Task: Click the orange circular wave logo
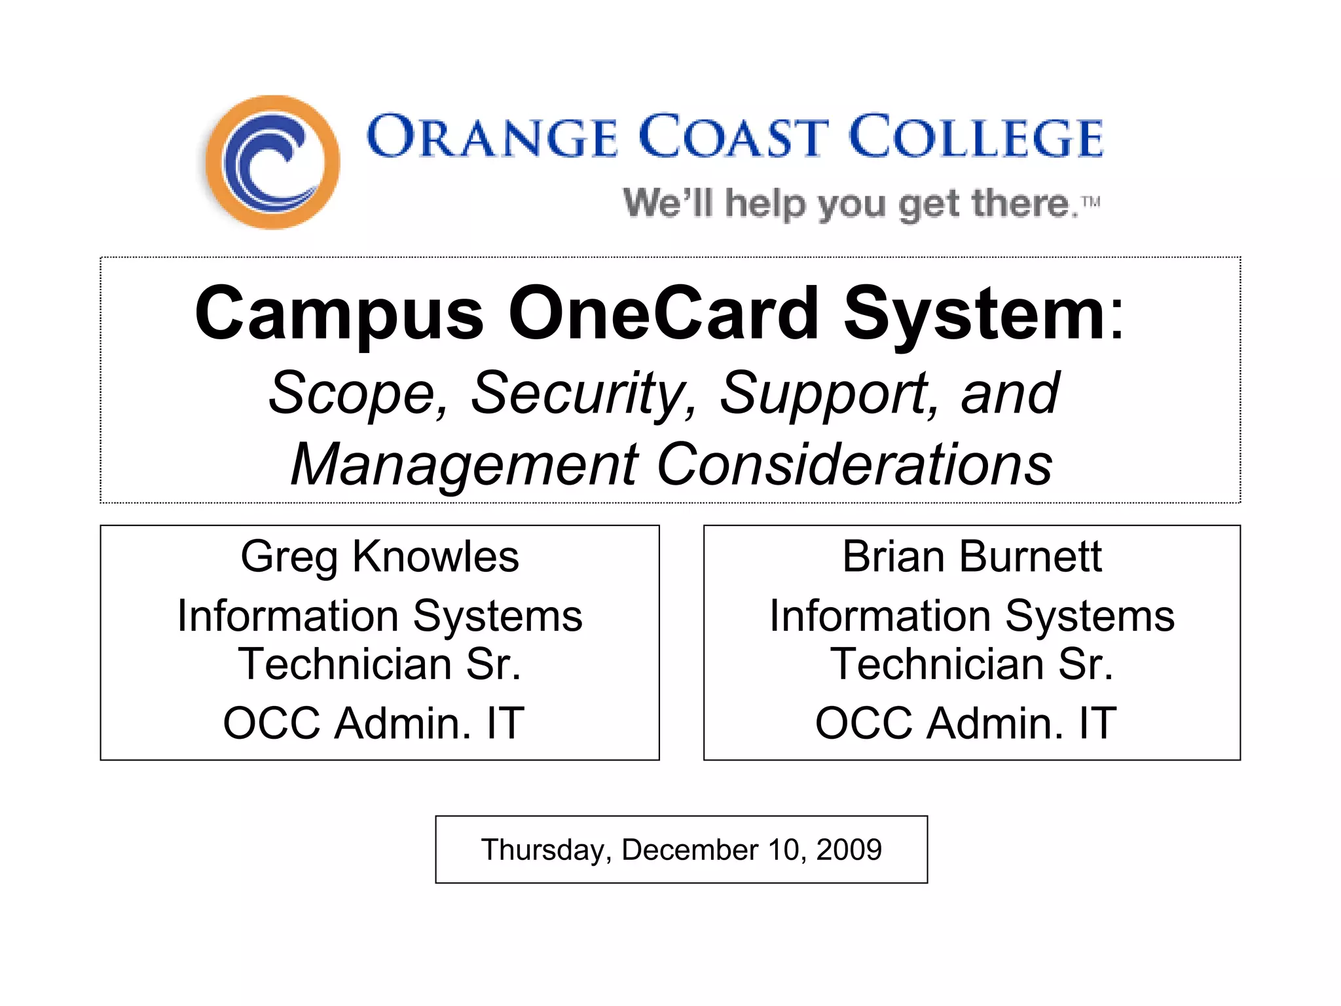(272, 162)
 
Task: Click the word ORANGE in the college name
(492, 138)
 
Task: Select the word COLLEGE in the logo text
(976, 138)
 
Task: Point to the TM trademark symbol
(1091, 201)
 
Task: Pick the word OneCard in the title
(663, 314)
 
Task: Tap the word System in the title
(974, 314)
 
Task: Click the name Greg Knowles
(380, 557)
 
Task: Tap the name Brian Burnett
(972, 557)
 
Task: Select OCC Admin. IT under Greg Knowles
(374, 723)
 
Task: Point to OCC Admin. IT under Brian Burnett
(966, 723)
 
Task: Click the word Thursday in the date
(545, 850)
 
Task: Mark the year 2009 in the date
(849, 849)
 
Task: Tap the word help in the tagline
(765, 204)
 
